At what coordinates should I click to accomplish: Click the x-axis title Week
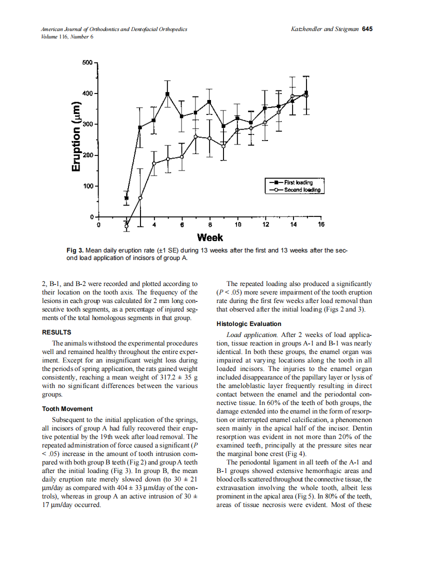pyautogui.click(x=210, y=237)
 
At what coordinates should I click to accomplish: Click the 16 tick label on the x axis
pyautogui.click(x=320, y=224)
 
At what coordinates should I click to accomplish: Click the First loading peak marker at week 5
pyautogui.click(x=167, y=94)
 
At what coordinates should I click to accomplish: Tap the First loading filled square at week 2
pyautogui.click(x=126, y=198)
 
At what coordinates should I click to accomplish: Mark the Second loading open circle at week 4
pyautogui.click(x=154, y=163)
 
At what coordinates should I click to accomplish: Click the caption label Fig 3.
pyautogui.click(x=75, y=250)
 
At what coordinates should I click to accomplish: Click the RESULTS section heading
pyautogui.click(x=56, y=332)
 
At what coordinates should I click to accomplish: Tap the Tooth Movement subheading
pyautogui.click(x=67, y=408)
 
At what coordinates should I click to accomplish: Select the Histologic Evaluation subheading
pyautogui.click(x=248, y=323)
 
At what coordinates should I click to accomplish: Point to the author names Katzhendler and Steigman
pyautogui.click(x=324, y=29)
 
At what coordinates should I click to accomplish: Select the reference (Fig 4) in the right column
pyautogui.click(x=295, y=453)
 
